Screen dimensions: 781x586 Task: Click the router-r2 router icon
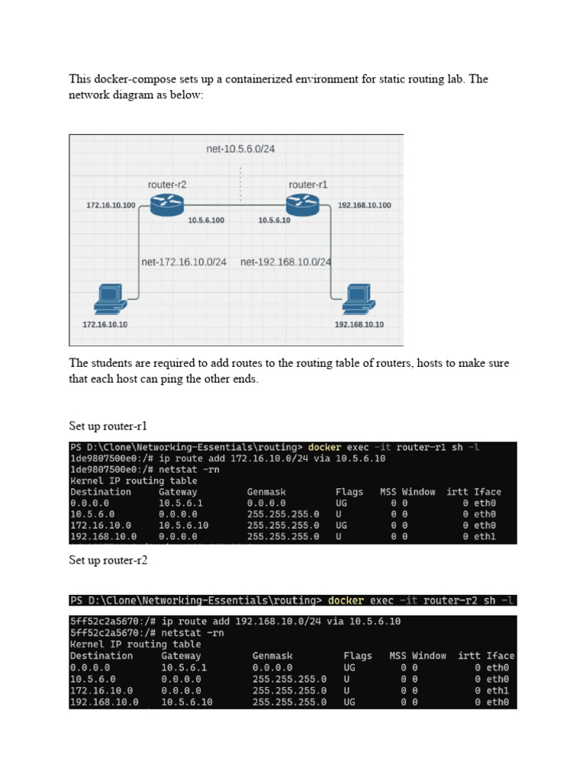coord(166,204)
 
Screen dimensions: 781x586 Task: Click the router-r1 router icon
coord(303,204)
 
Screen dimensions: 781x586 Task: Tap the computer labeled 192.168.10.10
coord(357,299)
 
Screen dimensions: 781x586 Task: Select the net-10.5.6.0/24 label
coord(240,149)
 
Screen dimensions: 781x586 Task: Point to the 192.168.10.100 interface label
coord(364,205)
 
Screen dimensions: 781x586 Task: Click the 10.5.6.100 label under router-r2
coord(206,220)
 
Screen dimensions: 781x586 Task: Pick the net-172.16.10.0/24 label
coord(184,262)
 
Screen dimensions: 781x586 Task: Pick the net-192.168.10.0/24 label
coord(285,262)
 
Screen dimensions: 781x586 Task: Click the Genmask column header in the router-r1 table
coord(266,492)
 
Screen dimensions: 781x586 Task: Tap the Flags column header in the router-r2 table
coord(358,655)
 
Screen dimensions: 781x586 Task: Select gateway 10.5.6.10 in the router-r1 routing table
coord(183,525)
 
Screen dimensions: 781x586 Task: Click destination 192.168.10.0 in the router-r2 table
coord(104,702)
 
